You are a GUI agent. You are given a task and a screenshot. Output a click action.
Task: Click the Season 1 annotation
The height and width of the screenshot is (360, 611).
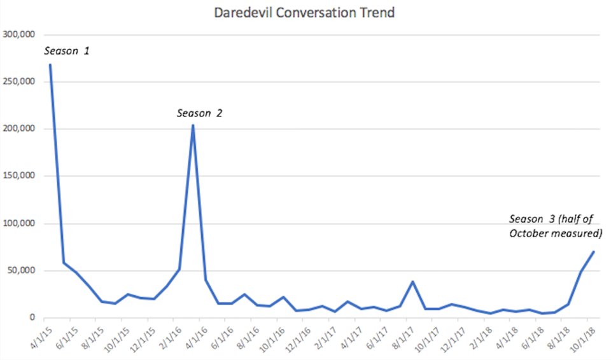(x=66, y=50)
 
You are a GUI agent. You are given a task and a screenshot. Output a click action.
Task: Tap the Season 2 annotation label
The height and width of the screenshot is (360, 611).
(x=199, y=114)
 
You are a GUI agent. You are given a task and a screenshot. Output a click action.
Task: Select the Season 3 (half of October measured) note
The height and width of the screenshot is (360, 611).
(x=556, y=226)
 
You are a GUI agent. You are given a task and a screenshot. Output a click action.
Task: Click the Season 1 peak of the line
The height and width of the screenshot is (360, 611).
(x=50, y=65)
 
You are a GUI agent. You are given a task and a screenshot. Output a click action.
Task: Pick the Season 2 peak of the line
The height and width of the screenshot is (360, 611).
(x=193, y=125)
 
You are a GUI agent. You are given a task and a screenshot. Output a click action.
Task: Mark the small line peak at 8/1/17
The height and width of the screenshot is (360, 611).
(x=412, y=282)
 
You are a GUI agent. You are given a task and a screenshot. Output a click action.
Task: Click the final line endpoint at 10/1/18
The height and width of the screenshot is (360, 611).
(x=593, y=252)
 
